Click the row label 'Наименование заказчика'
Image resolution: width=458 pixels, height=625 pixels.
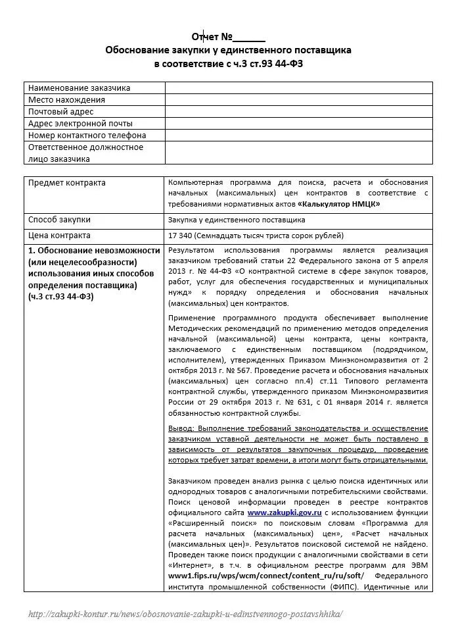(x=79, y=88)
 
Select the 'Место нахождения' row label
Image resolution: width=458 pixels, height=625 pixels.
(x=66, y=100)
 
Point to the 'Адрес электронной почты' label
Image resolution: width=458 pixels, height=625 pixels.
(x=80, y=124)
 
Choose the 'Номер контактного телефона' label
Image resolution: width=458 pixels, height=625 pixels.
(x=87, y=136)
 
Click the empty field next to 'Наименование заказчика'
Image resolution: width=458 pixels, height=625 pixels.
(x=298, y=88)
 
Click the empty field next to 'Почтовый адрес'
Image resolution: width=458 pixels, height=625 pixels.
(x=298, y=112)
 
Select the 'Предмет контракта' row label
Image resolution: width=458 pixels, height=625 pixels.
(x=67, y=183)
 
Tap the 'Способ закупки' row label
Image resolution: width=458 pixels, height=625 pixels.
(x=60, y=220)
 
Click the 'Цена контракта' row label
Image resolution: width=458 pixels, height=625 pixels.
(x=60, y=236)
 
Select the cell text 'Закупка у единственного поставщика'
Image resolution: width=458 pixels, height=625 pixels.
(x=237, y=220)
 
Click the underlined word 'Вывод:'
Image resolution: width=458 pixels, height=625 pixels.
(x=181, y=428)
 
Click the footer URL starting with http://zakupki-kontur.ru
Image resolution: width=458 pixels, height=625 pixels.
(x=185, y=613)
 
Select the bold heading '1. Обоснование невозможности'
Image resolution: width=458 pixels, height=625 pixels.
(x=94, y=251)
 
